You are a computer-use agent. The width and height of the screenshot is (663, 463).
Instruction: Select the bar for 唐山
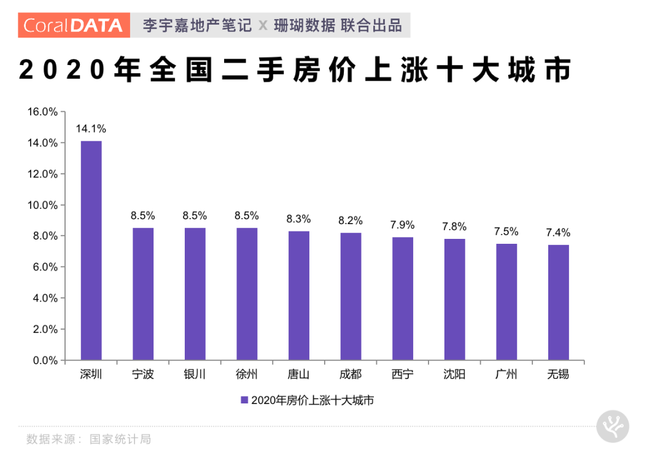click(299, 295)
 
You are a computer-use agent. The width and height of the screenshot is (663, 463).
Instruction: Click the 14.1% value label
click(91, 129)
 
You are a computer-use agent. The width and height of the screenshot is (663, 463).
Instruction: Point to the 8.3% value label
click(299, 219)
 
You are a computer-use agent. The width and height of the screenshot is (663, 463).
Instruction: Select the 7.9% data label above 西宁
click(403, 225)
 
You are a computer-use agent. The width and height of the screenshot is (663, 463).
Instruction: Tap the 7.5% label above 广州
click(506, 231)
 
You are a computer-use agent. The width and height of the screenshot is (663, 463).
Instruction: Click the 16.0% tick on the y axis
click(42, 112)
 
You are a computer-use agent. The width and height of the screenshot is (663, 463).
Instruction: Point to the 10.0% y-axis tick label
click(42, 205)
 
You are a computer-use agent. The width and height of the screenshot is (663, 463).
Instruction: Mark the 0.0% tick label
click(45, 360)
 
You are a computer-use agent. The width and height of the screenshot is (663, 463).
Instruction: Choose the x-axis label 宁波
click(143, 374)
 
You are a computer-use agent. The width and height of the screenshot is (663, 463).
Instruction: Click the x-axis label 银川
click(195, 374)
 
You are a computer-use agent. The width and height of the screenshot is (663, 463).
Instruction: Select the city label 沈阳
click(455, 374)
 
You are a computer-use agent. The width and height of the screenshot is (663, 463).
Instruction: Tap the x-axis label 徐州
click(247, 374)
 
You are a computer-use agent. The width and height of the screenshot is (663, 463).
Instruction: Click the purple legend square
click(244, 400)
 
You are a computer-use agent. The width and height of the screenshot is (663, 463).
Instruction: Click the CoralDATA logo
click(74, 25)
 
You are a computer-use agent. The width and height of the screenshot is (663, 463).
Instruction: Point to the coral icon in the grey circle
click(613, 425)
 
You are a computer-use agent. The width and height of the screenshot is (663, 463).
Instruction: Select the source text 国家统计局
click(120, 439)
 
